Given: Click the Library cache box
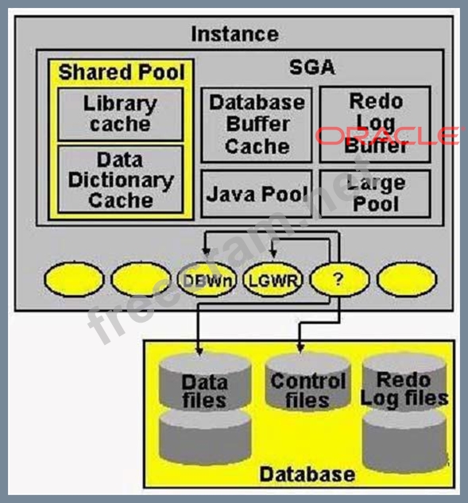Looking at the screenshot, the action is (121, 114).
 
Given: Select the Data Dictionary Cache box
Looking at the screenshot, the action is (121, 180).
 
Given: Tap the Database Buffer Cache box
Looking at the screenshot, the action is (257, 125).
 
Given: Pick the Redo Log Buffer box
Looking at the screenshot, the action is (375, 124).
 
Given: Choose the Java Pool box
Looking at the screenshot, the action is (257, 194).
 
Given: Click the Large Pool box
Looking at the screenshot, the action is (375, 194).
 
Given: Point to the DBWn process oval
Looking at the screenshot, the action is (207, 280).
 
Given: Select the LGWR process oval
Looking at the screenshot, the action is (273, 280).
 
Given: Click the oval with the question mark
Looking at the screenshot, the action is (339, 279).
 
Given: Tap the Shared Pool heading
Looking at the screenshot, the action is (122, 72).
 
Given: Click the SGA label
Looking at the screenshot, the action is (312, 68).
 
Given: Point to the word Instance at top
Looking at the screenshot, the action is (235, 34).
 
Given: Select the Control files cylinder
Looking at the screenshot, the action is (307, 381).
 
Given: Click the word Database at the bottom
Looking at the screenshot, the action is (307, 474).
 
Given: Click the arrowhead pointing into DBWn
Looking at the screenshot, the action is (207, 252).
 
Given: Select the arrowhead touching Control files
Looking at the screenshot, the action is (300, 348).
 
